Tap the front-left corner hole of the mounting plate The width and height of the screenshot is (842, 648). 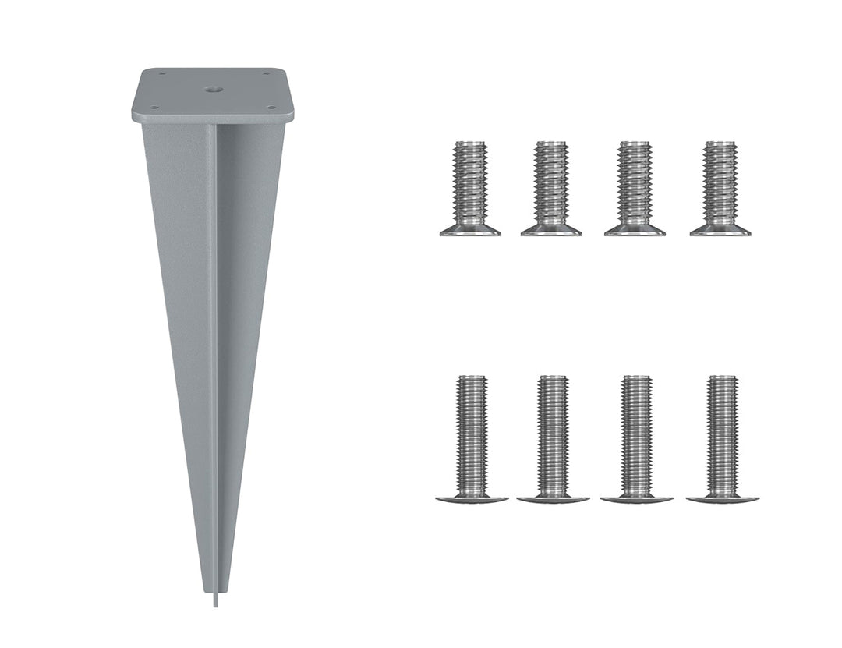[154, 108]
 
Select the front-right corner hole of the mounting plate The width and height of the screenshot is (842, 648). [271, 108]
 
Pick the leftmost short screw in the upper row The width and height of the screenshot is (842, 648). [470, 188]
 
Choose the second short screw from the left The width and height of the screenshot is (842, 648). [551, 188]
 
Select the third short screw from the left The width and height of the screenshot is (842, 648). [635, 188]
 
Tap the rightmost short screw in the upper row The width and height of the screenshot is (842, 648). [720, 188]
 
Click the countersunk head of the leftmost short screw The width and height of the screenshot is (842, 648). [470, 230]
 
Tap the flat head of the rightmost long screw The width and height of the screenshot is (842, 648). [722, 498]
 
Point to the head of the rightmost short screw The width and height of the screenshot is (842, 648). [720, 230]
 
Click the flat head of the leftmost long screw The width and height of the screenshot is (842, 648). [472, 498]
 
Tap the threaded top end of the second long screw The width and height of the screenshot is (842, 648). [553, 381]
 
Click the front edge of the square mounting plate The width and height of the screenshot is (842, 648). [213, 118]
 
